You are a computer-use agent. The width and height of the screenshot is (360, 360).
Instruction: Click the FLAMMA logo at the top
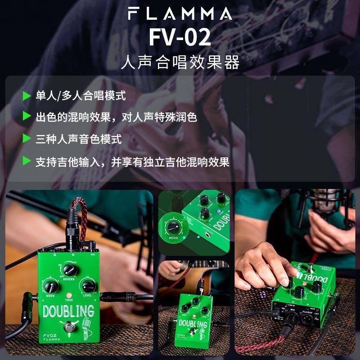tap(180, 13)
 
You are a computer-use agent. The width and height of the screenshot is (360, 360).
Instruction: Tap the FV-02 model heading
tap(180, 38)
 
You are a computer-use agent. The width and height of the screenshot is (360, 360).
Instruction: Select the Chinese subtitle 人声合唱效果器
tap(180, 62)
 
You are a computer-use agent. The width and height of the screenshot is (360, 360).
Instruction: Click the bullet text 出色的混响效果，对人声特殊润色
tap(117, 117)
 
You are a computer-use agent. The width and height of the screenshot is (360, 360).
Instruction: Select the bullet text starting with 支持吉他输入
tap(133, 162)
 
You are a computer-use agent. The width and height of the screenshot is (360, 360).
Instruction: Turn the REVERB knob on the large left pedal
tap(69, 269)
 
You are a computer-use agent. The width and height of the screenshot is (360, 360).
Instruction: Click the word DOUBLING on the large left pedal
tap(68, 311)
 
